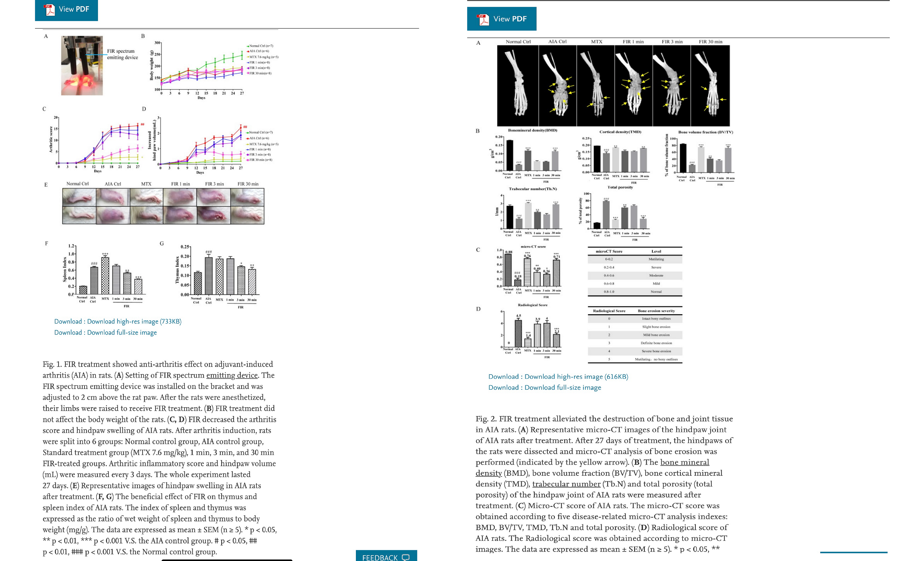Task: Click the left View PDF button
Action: tap(66, 9)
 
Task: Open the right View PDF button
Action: tap(501, 19)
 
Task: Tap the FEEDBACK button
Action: tap(386, 557)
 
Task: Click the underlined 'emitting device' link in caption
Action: tap(232, 375)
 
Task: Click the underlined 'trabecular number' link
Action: tap(566, 484)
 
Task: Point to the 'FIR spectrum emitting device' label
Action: tap(122, 54)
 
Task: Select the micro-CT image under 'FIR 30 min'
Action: tap(710, 85)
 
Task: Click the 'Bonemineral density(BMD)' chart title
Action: tap(532, 130)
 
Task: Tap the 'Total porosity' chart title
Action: tap(620, 187)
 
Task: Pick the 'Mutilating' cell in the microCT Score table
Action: tap(656, 259)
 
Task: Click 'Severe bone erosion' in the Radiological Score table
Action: tap(656, 351)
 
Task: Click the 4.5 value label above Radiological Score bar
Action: tap(518, 316)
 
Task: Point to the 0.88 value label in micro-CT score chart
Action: tap(508, 252)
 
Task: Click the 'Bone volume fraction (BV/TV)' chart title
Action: tap(705, 132)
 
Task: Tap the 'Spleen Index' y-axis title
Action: tap(65, 270)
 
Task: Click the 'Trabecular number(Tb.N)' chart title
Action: tap(532, 189)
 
